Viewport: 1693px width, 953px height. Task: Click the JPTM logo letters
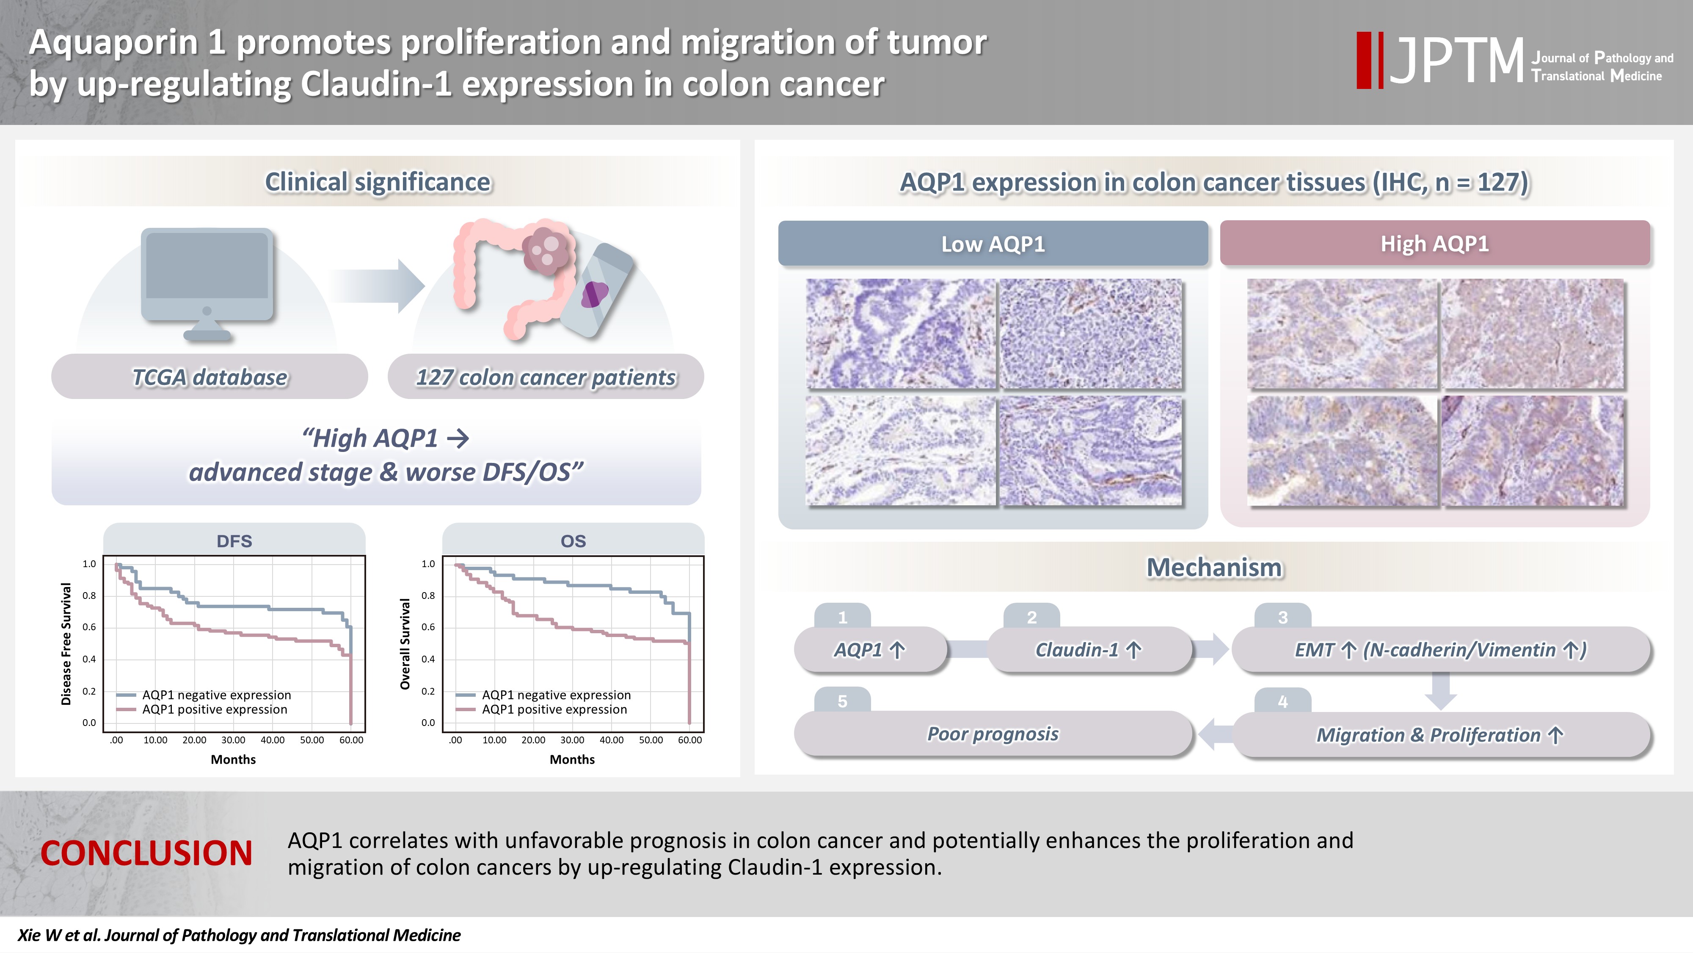point(1456,61)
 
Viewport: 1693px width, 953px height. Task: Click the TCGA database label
point(210,377)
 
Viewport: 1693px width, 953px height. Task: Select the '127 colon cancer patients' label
point(546,377)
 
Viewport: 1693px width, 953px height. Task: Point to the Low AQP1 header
point(993,244)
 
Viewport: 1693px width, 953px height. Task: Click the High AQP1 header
point(1435,244)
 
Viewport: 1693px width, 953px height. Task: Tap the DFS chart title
point(234,540)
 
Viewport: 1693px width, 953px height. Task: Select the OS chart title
point(573,540)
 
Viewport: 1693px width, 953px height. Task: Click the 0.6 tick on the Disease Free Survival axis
point(89,627)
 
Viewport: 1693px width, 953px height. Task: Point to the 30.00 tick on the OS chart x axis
point(572,740)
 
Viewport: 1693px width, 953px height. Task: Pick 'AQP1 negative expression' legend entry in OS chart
point(543,695)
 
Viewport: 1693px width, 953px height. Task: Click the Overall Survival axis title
point(405,644)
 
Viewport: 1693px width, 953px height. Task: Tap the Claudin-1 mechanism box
point(1090,650)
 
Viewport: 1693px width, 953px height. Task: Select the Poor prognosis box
point(993,734)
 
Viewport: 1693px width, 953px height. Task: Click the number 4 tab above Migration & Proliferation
point(1283,701)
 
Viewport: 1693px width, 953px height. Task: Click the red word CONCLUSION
point(146,853)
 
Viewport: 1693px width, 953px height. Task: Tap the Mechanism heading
point(1215,567)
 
